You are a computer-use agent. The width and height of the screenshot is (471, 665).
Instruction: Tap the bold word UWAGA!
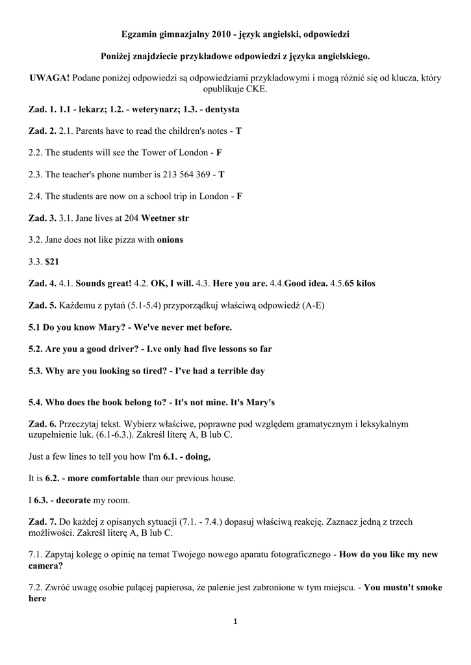pos(49,78)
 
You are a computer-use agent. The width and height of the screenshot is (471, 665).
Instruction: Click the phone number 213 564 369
pos(185,174)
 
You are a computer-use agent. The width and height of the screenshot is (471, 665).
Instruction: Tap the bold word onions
pos(170,240)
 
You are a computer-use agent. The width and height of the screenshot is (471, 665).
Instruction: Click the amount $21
pos(53,261)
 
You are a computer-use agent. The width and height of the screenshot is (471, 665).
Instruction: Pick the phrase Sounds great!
pos(104,283)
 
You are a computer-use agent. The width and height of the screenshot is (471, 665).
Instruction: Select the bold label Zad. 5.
pos(43,305)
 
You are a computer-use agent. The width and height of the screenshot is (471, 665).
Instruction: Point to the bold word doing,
pos(197,457)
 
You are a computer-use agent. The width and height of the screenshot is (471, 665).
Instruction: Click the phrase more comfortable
pos(101,478)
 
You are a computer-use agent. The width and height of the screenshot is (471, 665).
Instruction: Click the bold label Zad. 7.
pos(43,521)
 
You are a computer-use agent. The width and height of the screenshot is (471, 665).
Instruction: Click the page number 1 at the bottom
pos(235,622)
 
